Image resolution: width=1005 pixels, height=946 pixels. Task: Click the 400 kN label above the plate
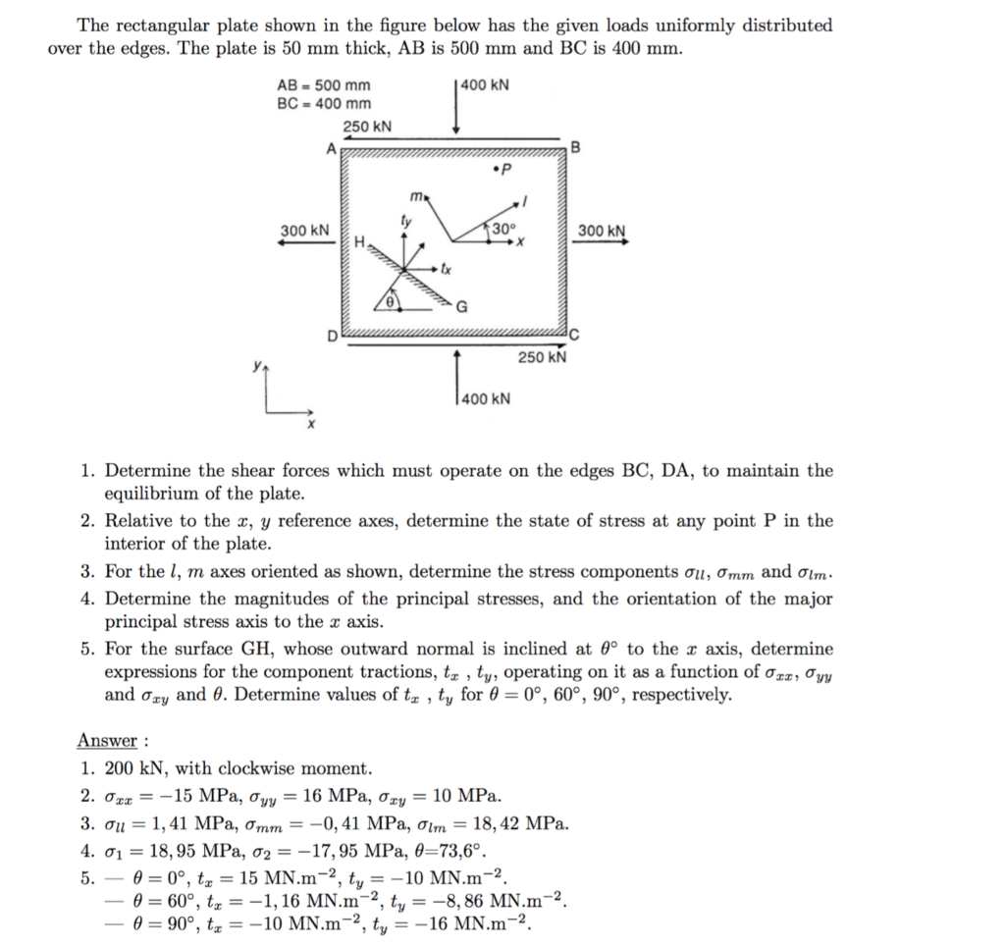(486, 84)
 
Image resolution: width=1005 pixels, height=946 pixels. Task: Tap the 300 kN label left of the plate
(305, 230)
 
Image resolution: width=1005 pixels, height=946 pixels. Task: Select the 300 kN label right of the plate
(602, 231)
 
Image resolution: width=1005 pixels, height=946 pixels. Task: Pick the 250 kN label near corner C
(543, 357)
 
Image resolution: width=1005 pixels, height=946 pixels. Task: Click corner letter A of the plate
(331, 148)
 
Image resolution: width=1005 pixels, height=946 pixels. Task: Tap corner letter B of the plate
(576, 148)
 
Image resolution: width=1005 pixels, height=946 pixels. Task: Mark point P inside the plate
(500, 175)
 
